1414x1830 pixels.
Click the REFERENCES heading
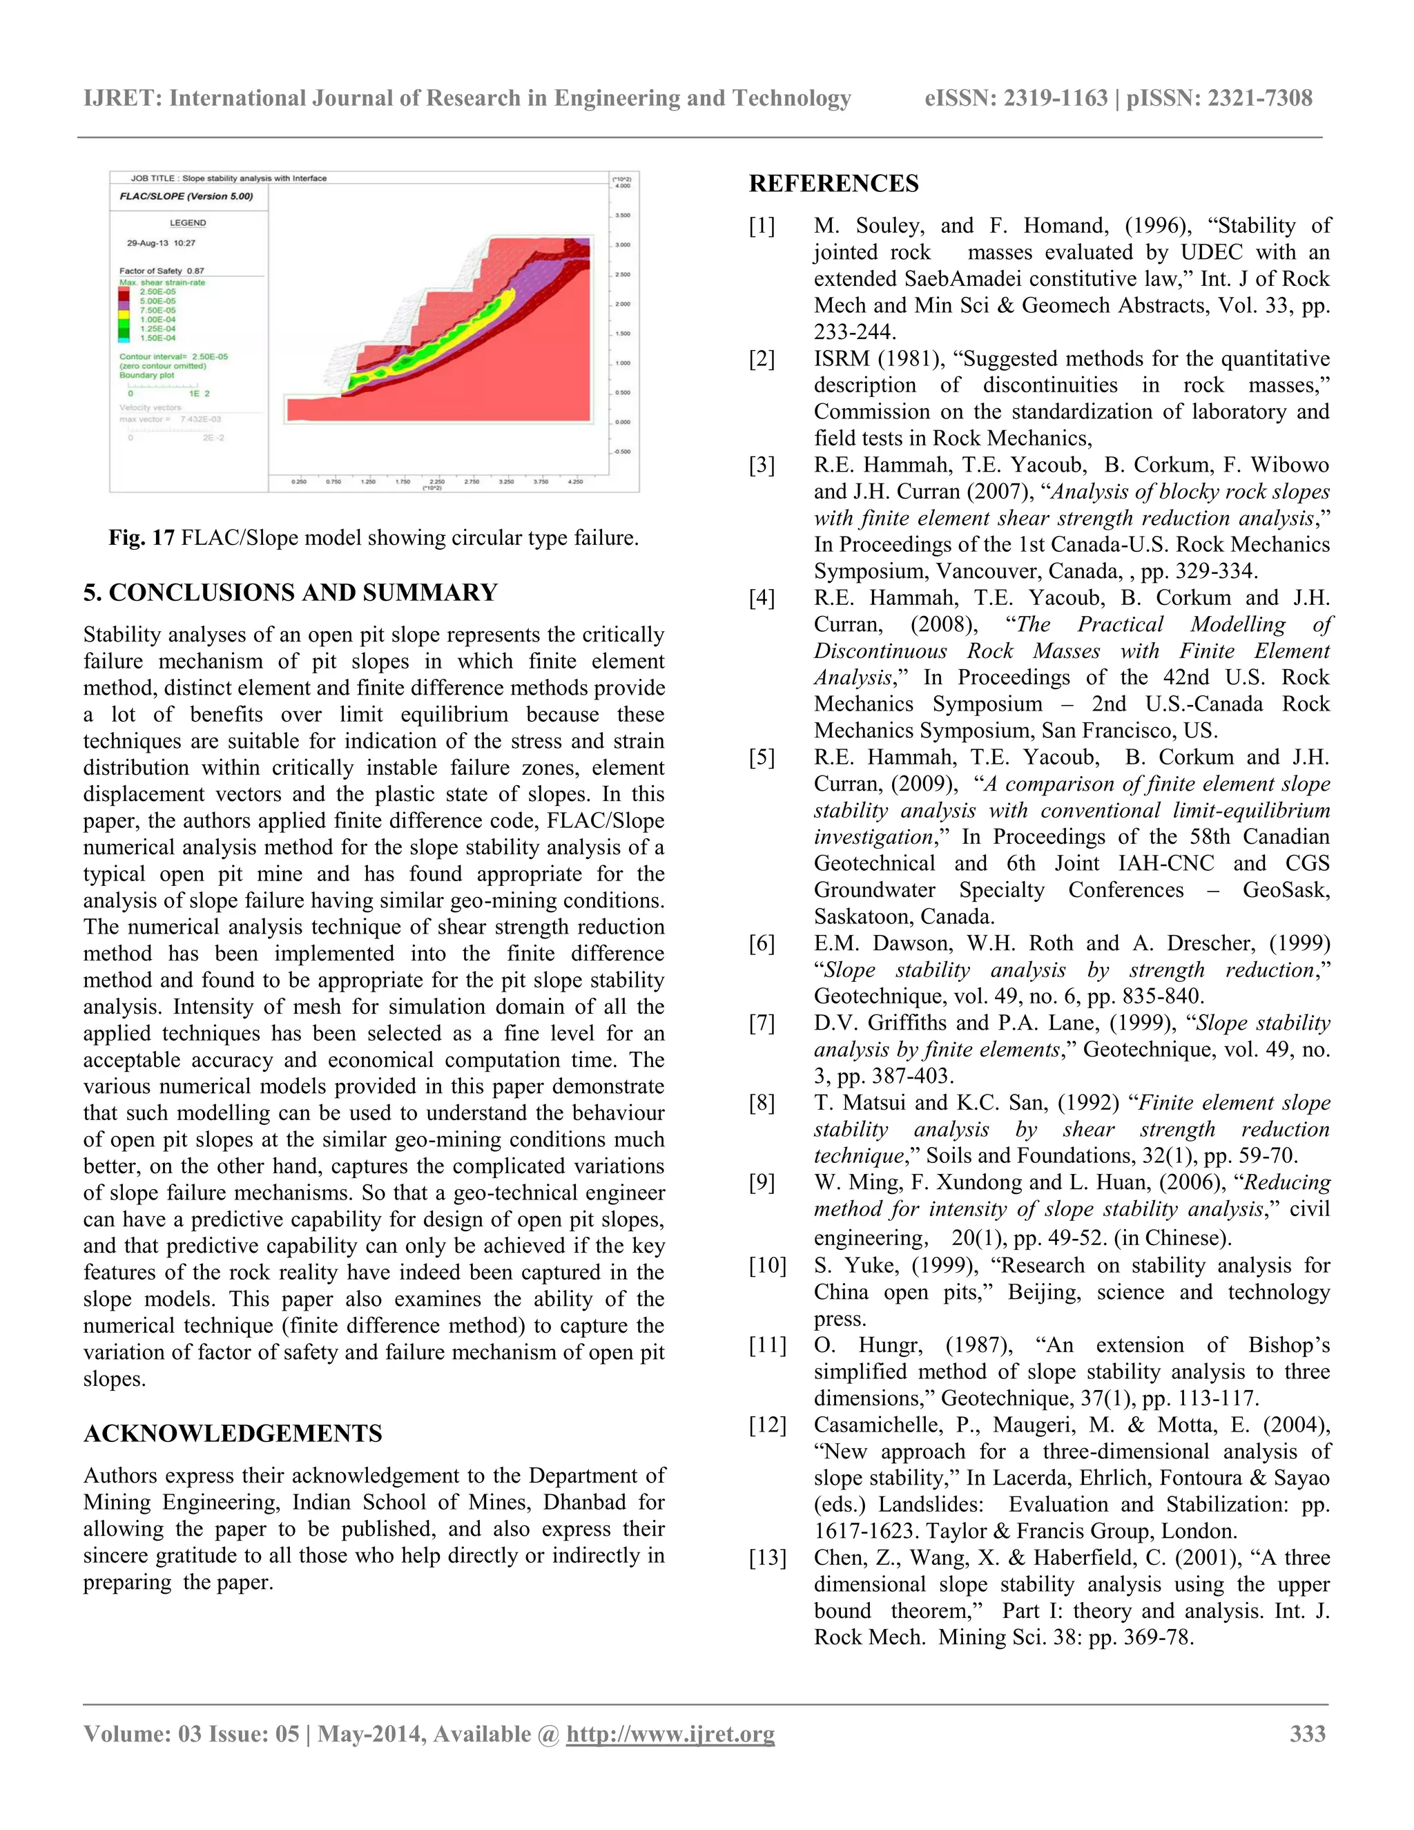833,184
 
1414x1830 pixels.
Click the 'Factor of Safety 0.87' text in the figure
162,271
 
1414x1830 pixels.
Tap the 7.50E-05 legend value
157,310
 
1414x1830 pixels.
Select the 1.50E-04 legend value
157,338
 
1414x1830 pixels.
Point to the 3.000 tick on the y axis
621,244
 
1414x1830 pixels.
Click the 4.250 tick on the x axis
574,482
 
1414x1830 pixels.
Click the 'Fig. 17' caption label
141,538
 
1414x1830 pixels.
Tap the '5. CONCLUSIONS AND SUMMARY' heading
290,593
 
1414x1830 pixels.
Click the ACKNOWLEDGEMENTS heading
232,1434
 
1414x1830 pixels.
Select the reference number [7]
762,1023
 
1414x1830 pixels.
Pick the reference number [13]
766,1558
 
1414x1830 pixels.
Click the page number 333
1308,1733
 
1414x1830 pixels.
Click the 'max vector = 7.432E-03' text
169,419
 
